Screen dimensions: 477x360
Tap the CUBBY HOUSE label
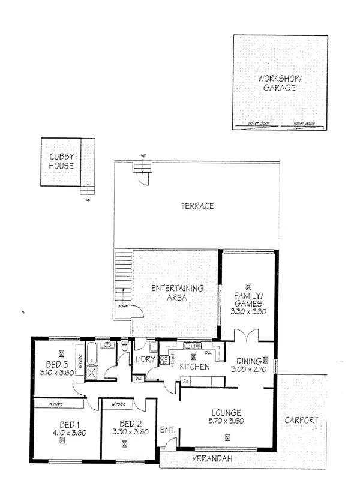point(62,162)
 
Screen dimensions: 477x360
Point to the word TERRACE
point(197,206)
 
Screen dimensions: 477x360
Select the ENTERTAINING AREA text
point(177,292)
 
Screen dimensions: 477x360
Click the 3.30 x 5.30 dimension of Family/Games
point(248,312)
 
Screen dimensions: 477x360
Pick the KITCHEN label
point(194,367)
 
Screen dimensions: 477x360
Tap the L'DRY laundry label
point(146,360)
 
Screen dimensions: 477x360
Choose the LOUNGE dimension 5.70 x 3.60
point(226,422)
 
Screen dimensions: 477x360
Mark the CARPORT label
point(301,421)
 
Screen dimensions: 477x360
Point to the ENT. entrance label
point(167,430)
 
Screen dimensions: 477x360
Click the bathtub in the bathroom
point(91,353)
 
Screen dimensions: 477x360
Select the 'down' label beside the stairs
point(123,305)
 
